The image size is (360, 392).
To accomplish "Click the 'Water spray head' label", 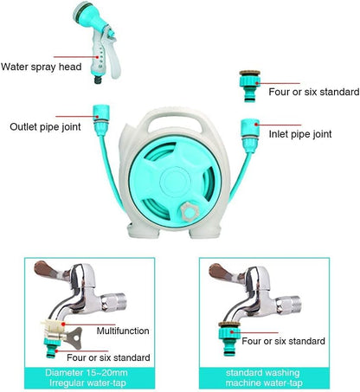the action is click(42, 67).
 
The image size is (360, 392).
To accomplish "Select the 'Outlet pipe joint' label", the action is click(45, 127).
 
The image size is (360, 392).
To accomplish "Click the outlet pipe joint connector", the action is click(101, 119).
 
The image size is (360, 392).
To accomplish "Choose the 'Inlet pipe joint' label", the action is click(300, 134).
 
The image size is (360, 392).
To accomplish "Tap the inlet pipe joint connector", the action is click(250, 135).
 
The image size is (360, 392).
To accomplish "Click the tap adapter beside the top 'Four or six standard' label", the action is click(250, 86).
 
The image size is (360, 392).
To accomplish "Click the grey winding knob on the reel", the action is click(190, 212).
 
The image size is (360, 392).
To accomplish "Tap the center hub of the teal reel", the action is click(176, 182).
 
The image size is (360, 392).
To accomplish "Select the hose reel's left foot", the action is click(144, 231).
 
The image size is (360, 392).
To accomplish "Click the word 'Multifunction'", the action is click(123, 331).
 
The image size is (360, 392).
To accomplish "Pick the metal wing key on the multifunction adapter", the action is click(74, 337).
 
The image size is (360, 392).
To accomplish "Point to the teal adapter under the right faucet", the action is click(229, 338).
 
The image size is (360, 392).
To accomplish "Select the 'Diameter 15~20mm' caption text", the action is click(87, 373).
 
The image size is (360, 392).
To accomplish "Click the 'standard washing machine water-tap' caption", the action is click(264, 378).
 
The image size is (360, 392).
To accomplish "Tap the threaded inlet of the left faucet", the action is click(114, 302).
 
